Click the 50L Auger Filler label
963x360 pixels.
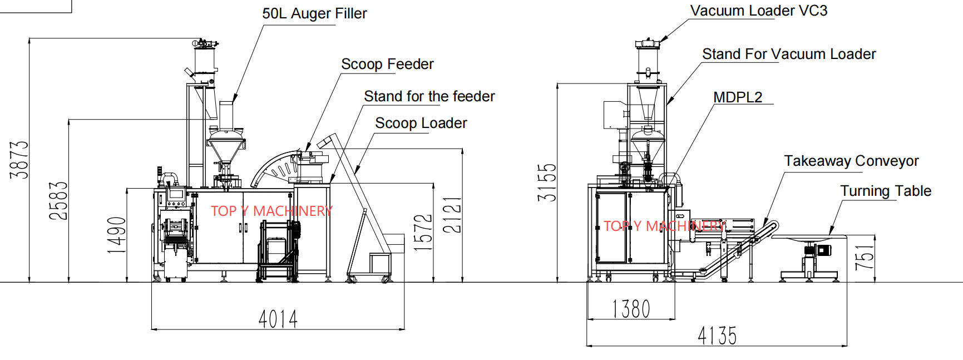(314, 13)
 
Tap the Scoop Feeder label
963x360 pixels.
(387, 64)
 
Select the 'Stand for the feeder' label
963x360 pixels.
(429, 96)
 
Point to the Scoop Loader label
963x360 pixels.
(421, 123)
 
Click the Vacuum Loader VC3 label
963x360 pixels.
(758, 11)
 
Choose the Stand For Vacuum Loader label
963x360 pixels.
(788, 54)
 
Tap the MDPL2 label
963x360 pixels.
(738, 97)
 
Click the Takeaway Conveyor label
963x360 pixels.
(851, 161)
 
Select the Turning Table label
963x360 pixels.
(885, 191)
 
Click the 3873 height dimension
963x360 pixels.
(20, 160)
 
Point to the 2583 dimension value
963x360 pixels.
(59, 200)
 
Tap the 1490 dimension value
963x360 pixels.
(117, 235)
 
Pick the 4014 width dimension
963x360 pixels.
(278, 319)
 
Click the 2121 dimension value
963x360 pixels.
(453, 215)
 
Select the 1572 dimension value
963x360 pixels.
(424, 232)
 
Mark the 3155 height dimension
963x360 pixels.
(547, 183)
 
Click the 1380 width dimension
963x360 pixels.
(631, 309)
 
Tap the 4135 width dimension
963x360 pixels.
(717, 336)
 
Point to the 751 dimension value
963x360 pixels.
(865, 258)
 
